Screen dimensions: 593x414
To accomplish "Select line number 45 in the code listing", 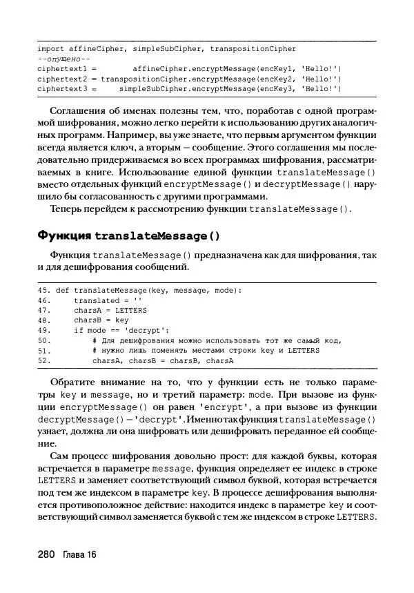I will point(43,291).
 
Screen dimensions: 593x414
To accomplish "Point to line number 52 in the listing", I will point(43,360).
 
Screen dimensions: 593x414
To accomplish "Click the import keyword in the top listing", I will point(50,49).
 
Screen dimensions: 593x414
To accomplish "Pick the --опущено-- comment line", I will point(60,59).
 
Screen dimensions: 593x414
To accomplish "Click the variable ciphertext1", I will point(61,69).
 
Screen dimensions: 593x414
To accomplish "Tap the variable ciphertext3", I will point(61,89).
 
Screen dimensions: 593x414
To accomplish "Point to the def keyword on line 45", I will point(61,291).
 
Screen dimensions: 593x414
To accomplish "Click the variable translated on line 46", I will point(97,300).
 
